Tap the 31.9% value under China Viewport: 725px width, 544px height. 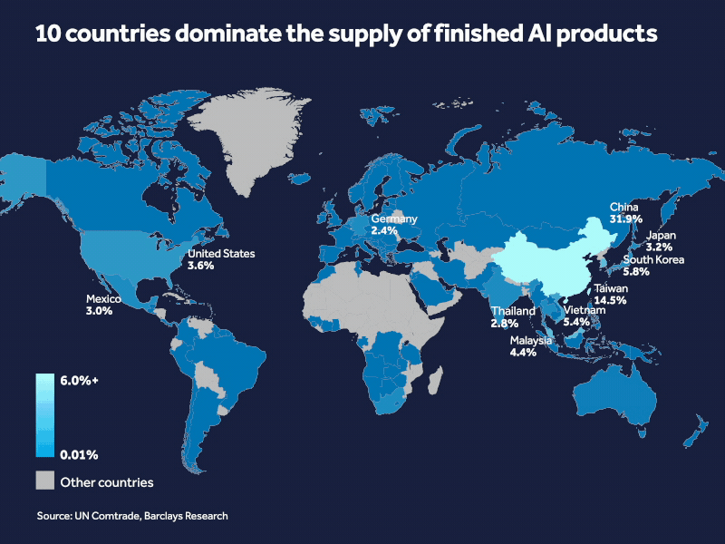[601, 220]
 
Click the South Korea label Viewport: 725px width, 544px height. [652, 259]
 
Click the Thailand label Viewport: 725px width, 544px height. [513, 311]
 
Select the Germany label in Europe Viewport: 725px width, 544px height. [393, 219]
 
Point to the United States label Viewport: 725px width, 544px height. [221, 254]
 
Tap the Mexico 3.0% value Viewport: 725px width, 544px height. [99, 310]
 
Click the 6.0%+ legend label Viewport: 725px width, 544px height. [80, 381]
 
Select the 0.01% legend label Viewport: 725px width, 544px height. [79, 453]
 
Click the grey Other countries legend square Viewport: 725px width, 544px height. [45, 481]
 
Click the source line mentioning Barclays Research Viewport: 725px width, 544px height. [131, 516]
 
